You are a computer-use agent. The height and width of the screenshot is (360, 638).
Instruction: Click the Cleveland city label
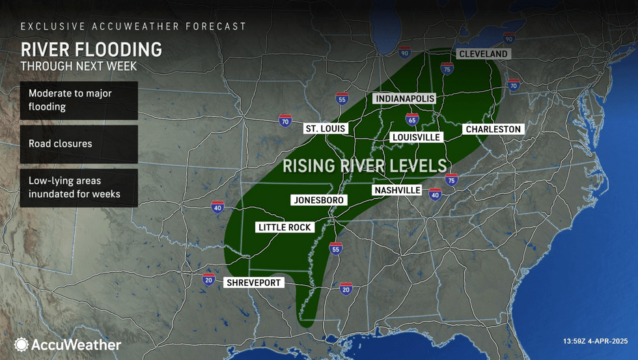pos(482,54)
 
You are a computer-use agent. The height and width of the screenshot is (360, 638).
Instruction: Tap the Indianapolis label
pos(404,98)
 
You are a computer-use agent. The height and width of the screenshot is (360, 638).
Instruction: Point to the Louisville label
pos(416,137)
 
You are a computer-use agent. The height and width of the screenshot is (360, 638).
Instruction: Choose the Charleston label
pos(493,130)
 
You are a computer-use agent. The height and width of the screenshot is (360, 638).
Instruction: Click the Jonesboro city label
pos(318,200)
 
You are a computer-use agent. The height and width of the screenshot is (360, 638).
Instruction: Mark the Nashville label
pos(397,190)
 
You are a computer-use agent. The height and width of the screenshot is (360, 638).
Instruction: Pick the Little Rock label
pos(285,227)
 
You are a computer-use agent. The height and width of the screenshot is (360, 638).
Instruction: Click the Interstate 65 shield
pos(411,119)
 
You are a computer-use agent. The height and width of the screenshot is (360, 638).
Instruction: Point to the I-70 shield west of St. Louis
pos(284,120)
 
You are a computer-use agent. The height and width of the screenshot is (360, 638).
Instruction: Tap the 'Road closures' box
pos(79,144)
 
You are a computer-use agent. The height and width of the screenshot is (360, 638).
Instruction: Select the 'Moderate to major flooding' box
pos(79,100)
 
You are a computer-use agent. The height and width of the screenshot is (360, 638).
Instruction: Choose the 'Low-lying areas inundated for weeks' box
pos(79,187)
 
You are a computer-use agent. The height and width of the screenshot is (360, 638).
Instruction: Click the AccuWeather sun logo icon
pos(21,344)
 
